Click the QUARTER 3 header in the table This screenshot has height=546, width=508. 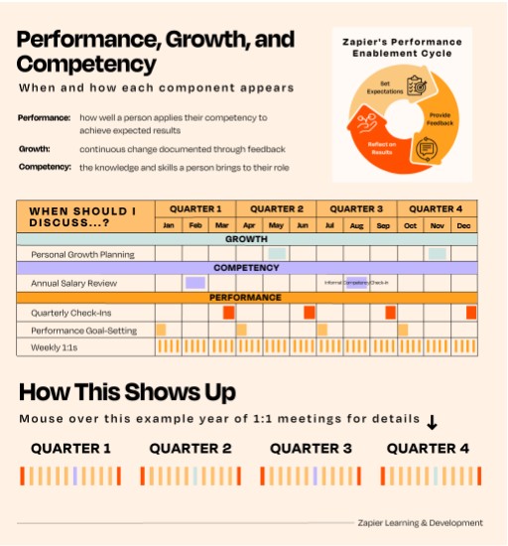pyautogui.click(x=356, y=209)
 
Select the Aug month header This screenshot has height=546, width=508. pyautogui.click(x=356, y=226)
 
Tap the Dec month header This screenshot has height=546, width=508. pyautogui.click(x=463, y=226)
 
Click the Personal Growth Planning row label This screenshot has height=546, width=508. pyautogui.click(x=82, y=255)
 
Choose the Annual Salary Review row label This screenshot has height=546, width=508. pyautogui.click(x=74, y=283)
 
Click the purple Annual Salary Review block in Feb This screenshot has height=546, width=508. pyautogui.click(x=194, y=283)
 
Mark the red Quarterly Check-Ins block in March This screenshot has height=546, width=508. pyautogui.click(x=228, y=313)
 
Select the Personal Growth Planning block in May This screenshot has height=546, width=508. pyautogui.click(x=277, y=255)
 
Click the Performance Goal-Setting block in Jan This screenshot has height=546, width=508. pyautogui.click(x=161, y=330)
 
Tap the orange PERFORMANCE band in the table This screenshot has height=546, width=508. pyautogui.click(x=247, y=298)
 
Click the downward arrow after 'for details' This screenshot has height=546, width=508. pyautogui.click(x=432, y=422)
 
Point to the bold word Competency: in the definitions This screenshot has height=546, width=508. pyautogui.click(x=45, y=167)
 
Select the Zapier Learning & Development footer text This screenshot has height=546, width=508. pyautogui.click(x=421, y=522)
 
